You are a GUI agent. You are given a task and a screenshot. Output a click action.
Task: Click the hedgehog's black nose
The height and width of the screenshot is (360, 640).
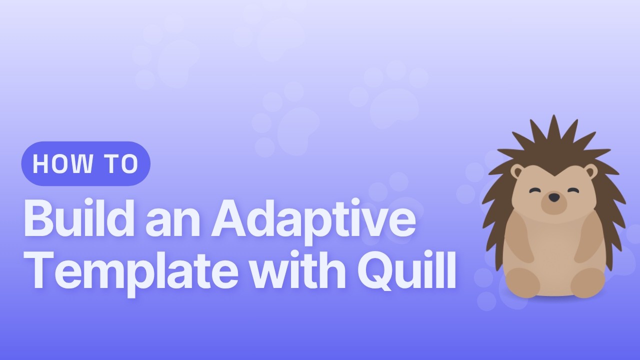[x=553, y=197]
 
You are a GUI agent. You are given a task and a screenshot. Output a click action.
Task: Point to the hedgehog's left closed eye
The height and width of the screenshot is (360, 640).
[x=535, y=190]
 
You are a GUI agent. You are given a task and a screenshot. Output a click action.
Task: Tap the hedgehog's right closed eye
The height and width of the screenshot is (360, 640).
[x=572, y=190]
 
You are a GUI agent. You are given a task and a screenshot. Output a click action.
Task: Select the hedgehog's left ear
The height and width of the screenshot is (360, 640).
[x=517, y=171]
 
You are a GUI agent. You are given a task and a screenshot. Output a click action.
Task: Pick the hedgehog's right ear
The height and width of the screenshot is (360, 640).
[x=590, y=171]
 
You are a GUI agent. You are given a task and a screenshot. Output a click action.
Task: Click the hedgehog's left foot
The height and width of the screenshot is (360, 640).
[x=522, y=282]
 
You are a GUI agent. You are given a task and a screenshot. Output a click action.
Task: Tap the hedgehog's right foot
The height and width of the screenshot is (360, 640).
[x=587, y=282]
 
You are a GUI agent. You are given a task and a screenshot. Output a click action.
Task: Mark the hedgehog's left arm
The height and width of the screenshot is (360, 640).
[x=520, y=240]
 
